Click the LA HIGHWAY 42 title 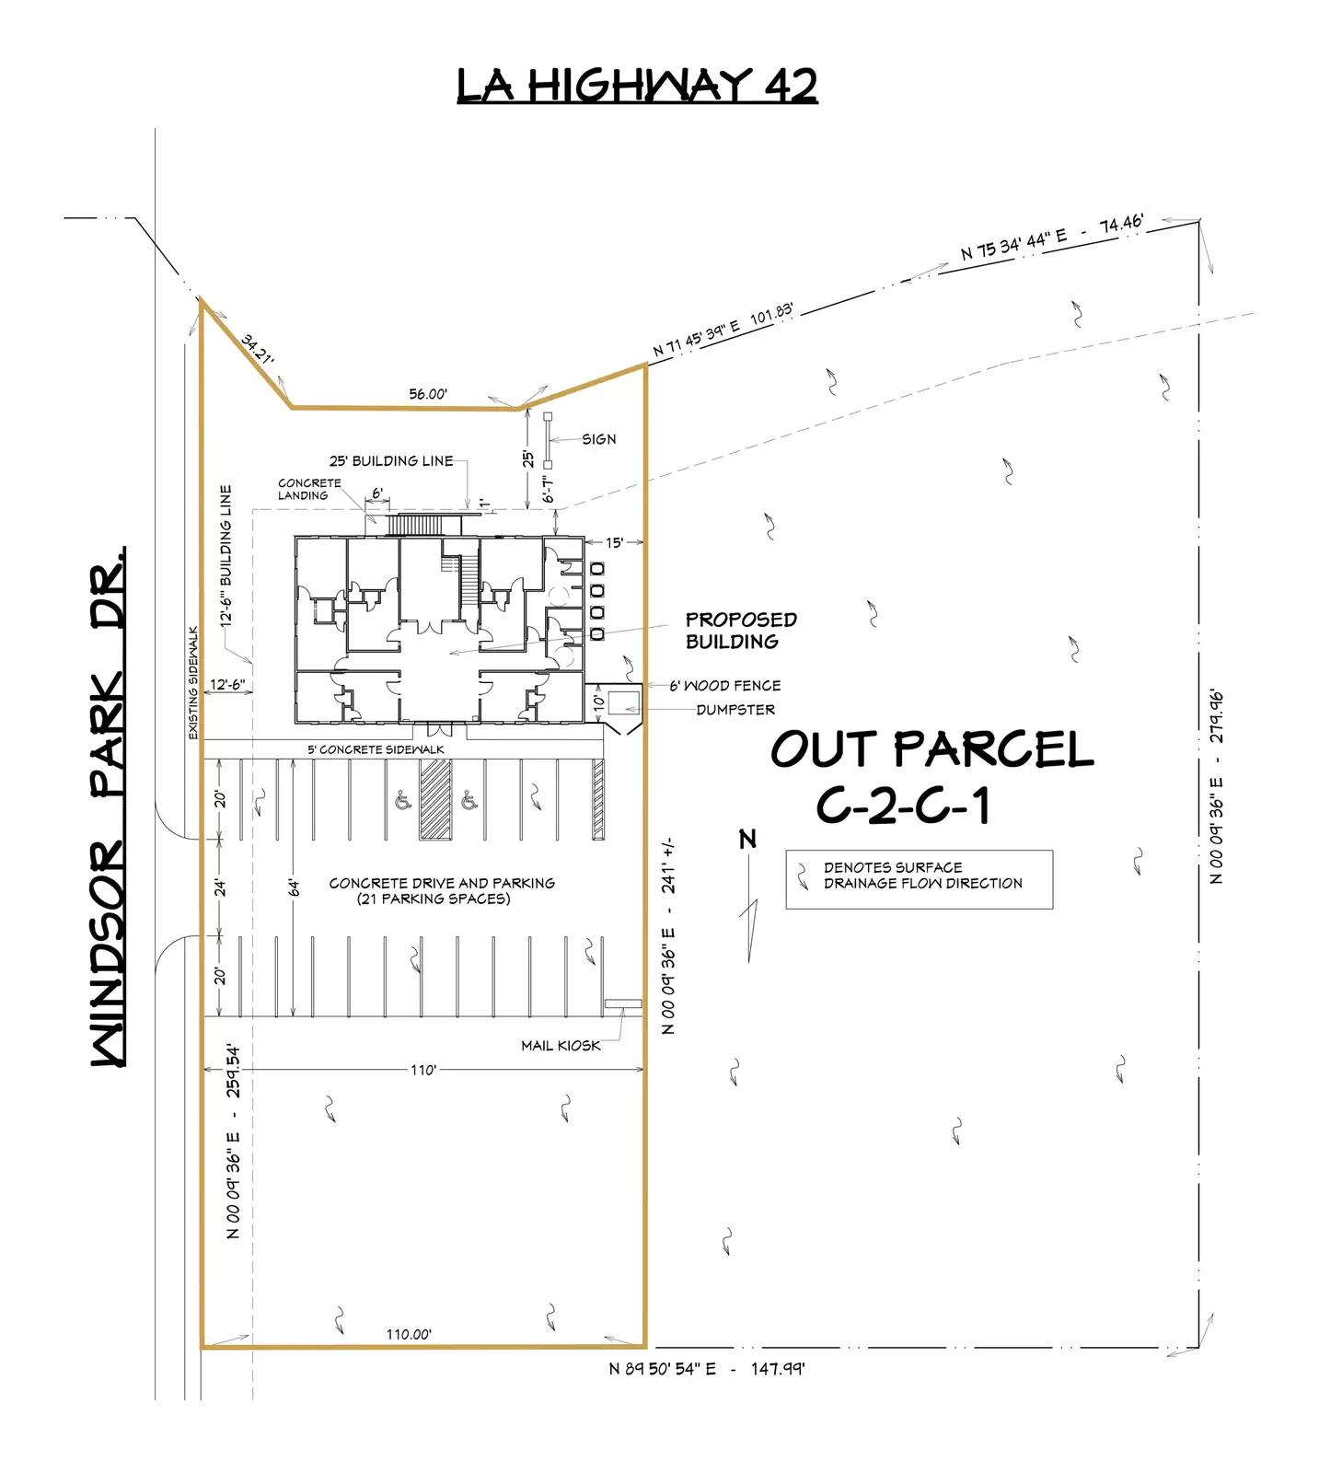click(x=637, y=86)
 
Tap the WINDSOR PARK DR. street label click(x=108, y=807)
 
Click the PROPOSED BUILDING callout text click(x=741, y=631)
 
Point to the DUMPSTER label click(x=735, y=710)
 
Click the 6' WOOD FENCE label click(x=725, y=686)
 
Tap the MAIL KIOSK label click(x=561, y=1046)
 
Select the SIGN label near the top click(x=599, y=439)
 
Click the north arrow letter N click(x=747, y=839)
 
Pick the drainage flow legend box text click(x=923, y=876)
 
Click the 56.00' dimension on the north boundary click(x=428, y=394)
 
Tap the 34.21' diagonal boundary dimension click(x=258, y=349)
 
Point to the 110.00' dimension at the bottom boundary click(x=409, y=1334)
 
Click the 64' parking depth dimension click(x=294, y=887)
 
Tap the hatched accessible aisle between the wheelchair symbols click(x=435, y=799)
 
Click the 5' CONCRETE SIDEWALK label click(x=376, y=749)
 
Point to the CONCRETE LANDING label click(x=309, y=489)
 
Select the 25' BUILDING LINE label click(x=391, y=461)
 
